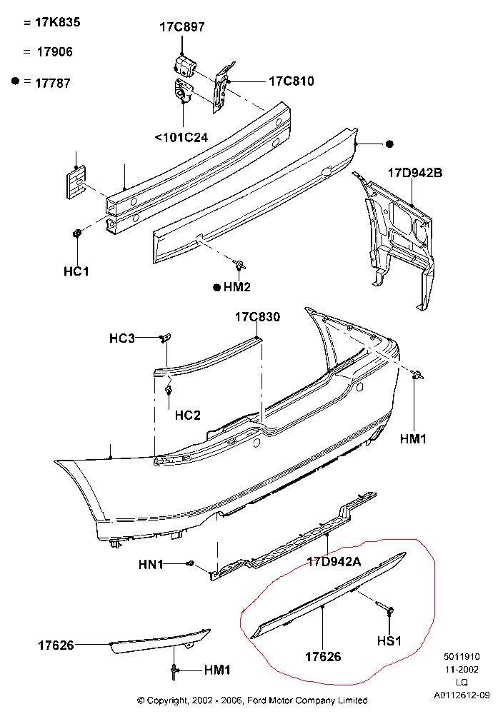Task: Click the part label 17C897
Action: click(181, 27)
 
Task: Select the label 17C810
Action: click(291, 81)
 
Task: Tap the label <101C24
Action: click(181, 137)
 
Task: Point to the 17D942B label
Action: click(415, 173)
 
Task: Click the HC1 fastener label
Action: click(75, 272)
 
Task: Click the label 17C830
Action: click(258, 316)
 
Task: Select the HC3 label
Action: click(122, 338)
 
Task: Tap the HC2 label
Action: click(187, 415)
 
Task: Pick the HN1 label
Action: click(151, 565)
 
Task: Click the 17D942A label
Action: click(334, 562)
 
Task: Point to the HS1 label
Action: click(389, 640)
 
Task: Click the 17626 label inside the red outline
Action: click(323, 656)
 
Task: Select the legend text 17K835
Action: click(57, 22)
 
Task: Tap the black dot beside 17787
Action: click(15, 81)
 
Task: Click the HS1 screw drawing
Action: click(389, 610)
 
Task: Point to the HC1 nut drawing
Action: click(76, 233)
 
